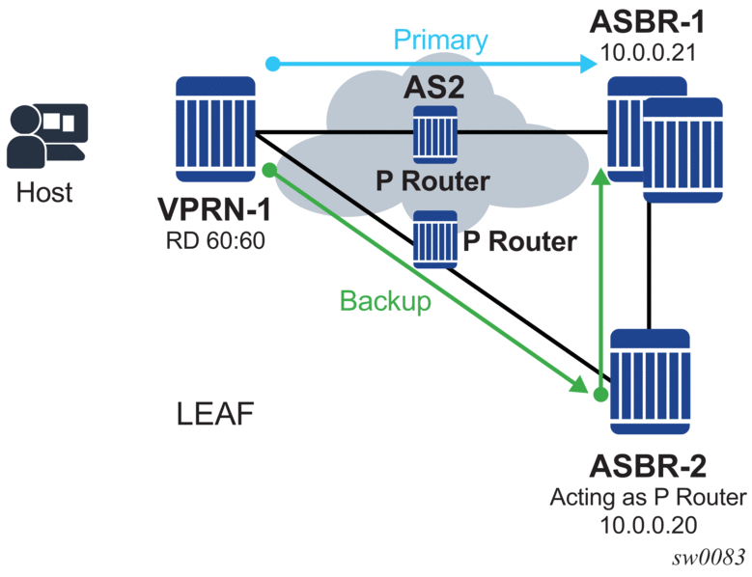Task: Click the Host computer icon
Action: [46, 136]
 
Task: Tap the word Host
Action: [45, 192]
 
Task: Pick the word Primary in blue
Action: [439, 41]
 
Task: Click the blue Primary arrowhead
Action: [587, 65]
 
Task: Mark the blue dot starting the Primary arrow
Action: [273, 65]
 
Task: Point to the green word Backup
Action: [384, 301]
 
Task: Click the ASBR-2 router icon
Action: [651, 383]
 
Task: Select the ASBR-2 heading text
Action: [648, 468]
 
